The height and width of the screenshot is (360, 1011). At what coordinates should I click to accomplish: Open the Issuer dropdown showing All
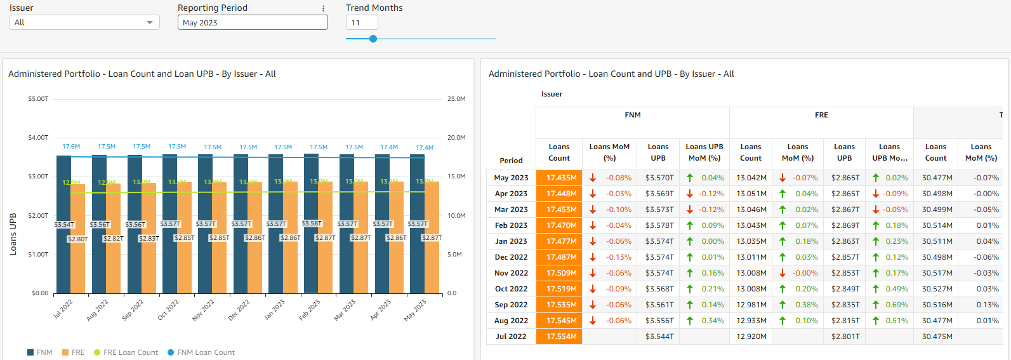tap(84, 22)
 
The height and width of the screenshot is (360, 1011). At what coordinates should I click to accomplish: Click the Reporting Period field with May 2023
tap(253, 22)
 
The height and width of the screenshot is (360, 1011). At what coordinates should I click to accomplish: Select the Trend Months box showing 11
tap(361, 22)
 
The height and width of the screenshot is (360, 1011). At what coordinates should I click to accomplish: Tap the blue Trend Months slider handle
tap(373, 39)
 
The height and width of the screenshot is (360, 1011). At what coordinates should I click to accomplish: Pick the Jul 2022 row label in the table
tap(510, 337)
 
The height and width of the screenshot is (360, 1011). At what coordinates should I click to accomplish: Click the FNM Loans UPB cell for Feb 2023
tap(659, 225)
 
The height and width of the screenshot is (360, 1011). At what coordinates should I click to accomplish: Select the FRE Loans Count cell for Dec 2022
tap(751, 257)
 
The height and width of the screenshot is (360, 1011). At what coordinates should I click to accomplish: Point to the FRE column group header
tap(821, 115)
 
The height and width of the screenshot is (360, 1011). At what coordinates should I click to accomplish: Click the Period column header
tap(511, 161)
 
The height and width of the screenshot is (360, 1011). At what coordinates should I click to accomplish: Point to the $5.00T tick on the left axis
tap(38, 99)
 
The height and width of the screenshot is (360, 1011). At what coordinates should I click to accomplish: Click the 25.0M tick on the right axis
tap(456, 99)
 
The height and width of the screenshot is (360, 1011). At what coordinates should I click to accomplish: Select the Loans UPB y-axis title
tap(13, 234)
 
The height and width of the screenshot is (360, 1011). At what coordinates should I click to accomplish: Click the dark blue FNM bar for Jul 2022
tap(63, 254)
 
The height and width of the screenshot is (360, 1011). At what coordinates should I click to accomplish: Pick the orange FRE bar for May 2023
tap(432, 267)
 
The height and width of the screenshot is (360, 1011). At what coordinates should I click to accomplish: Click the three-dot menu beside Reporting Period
tap(323, 8)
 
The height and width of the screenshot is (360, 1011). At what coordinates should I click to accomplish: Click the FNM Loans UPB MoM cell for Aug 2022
tap(704, 321)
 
